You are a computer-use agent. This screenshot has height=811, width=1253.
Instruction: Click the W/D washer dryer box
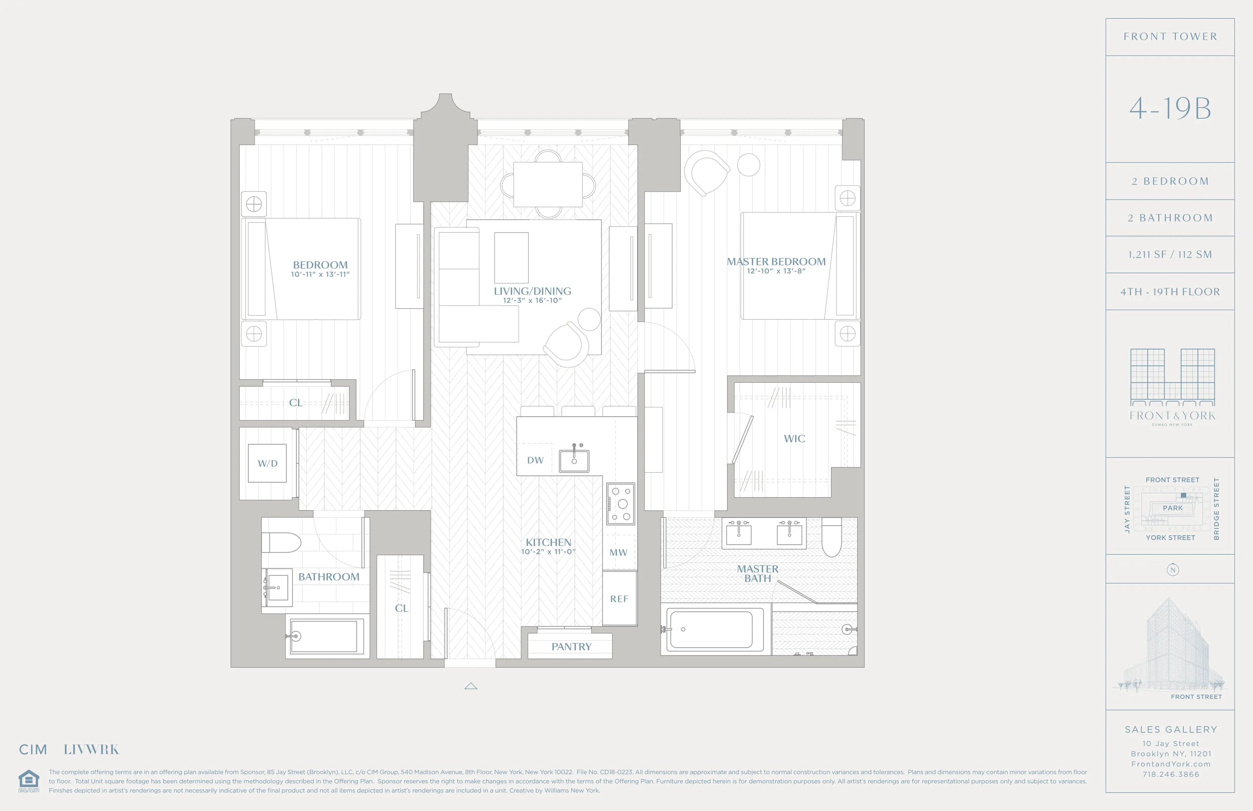[268, 463]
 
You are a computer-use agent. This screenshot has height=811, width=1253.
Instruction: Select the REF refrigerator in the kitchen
[619, 599]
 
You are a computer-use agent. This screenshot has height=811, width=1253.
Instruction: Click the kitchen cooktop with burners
[621, 504]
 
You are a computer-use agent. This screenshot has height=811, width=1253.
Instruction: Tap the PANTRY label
[571, 647]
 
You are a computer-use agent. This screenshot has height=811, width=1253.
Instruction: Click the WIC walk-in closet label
[795, 439]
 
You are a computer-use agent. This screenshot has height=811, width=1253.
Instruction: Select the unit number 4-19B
[1170, 108]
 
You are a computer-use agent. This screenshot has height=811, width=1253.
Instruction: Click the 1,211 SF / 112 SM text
[1170, 255]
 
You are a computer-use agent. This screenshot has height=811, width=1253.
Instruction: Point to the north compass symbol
[1172, 570]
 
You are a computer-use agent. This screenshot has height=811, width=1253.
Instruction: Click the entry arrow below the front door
[471, 686]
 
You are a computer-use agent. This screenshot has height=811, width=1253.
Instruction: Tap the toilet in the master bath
[831, 537]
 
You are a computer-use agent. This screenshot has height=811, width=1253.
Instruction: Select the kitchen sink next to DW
[574, 461]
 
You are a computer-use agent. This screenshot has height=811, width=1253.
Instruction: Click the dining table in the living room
[548, 184]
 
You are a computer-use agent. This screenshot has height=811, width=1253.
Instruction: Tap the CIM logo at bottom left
[33, 749]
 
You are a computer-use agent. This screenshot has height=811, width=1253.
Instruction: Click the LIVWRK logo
[91, 749]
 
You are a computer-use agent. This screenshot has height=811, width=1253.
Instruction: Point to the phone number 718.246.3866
[1170, 774]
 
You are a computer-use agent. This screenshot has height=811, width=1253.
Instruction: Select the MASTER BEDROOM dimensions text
[776, 271]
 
